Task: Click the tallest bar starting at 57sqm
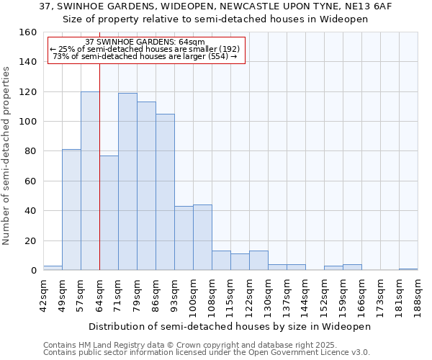(x=90, y=181)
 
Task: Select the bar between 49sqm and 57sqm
(x=71, y=210)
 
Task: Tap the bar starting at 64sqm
(x=109, y=212)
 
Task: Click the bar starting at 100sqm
(x=202, y=237)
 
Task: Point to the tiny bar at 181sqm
(x=408, y=269)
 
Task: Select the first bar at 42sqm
(x=53, y=268)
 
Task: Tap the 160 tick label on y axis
(x=28, y=32)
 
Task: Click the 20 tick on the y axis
(x=31, y=240)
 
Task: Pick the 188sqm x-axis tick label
(x=418, y=293)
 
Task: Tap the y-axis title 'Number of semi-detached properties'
(x=6, y=152)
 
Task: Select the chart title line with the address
(x=215, y=6)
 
